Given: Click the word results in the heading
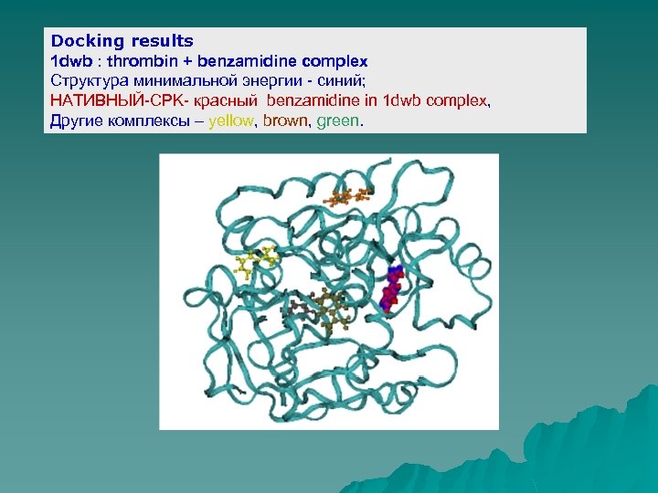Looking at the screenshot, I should click(162, 41).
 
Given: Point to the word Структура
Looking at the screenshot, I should click(89, 80).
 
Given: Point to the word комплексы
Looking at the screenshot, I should click(154, 121).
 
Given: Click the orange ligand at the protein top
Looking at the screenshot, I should click(350, 196).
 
